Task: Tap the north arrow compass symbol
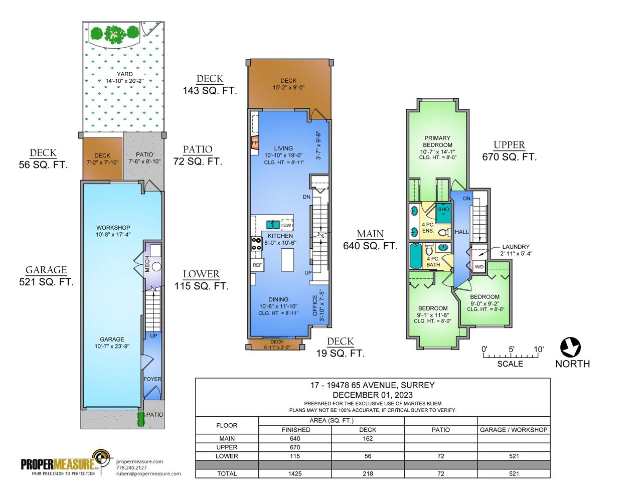(x=570, y=347)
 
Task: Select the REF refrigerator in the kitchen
(x=257, y=265)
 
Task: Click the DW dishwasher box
(x=287, y=225)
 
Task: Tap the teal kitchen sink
(x=273, y=225)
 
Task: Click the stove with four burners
(x=256, y=244)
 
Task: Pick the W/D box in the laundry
(x=479, y=266)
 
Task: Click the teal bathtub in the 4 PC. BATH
(x=416, y=256)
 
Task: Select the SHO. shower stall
(x=443, y=213)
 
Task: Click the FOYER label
(x=152, y=379)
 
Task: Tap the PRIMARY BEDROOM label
(x=437, y=141)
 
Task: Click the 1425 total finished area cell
(x=295, y=473)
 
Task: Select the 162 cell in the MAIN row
(x=368, y=439)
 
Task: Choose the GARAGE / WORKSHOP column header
(x=514, y=430)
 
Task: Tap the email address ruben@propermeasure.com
(x=148, y=473)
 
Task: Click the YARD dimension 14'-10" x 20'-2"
(x=125, y=81)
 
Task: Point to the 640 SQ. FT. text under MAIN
(x=371, y=246)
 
